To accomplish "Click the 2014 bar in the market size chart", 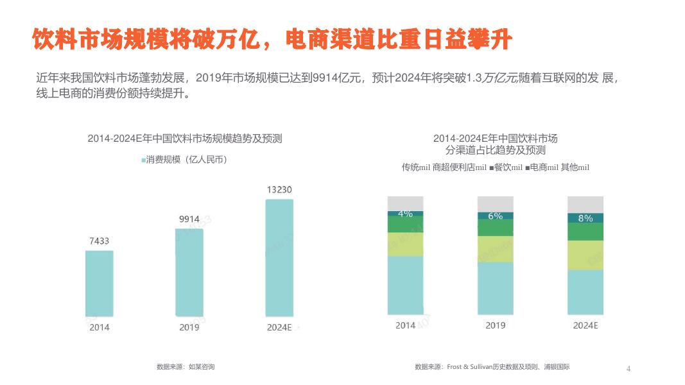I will pyautogui.click(x=99, y=283).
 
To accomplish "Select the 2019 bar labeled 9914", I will pyautogui.click(x=189, y=272).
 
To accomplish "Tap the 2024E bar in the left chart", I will pyautogui.click(x=279, y=257).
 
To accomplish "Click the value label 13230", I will pyautogui.click(x=279, y=190).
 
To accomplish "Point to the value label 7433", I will pyautogui.click(x=99, y=241).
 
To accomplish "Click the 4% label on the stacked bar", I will pyautogui.click(x=405, y=214).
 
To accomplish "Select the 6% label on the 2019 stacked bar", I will pyautogui.click(x=495, y=216).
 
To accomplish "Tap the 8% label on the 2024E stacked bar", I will pyautogui.click(x=585, y=218).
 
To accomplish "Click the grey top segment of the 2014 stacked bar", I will pyautogui.click(x=405, y=203).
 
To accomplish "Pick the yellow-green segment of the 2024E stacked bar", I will pyautogui.click(x=585, y=255).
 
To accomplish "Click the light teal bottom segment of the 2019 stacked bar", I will pyautogui.click(x=495, y=288).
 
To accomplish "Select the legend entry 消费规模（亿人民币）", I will pyautogui.click(x=185, y=160).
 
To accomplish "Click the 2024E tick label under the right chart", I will pyautogui.click(x=585, y=325).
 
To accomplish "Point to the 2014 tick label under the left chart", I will pyautogui.click(x=99, y=327).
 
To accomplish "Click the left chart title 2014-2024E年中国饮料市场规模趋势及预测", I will pyautogui.click(x=185, y=138).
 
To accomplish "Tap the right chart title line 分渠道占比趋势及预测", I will pyautogui.click(x=495, y=150).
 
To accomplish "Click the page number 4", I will pyautogui.click(x=629, y=369).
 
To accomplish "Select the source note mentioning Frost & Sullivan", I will pyautogui.click(x=492, y=367).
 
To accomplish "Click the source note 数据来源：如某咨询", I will pyautogui.click(x=185, y=367).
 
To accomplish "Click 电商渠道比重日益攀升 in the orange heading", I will pyautogui.click(x=399, y=40).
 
